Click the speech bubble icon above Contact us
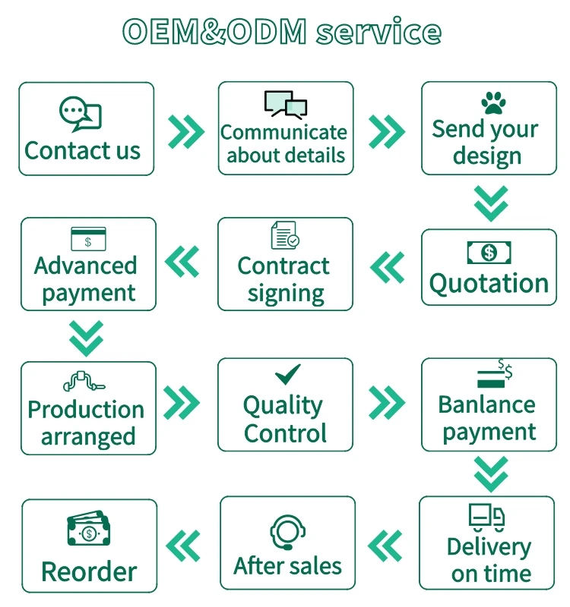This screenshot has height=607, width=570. click(x=80, y=114)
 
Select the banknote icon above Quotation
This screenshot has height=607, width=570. click(x=489, y=252)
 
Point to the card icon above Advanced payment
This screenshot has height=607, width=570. click(x=87, y=238)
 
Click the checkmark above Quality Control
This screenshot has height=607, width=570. click(x=287, y=374)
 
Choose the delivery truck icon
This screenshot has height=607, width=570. click(x=486, y=517)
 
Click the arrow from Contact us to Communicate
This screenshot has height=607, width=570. click(x=185, y=131)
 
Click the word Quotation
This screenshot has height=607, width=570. click(x=489, y=284)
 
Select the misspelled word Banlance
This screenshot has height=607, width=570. click(x=486, y=404)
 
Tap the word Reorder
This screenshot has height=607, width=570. click(x=89, y=571)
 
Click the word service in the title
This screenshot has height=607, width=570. click(x=378, y=32)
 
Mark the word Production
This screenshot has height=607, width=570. click(x=86, y=410)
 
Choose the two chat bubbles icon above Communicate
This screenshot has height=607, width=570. click(x=285, y=104)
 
